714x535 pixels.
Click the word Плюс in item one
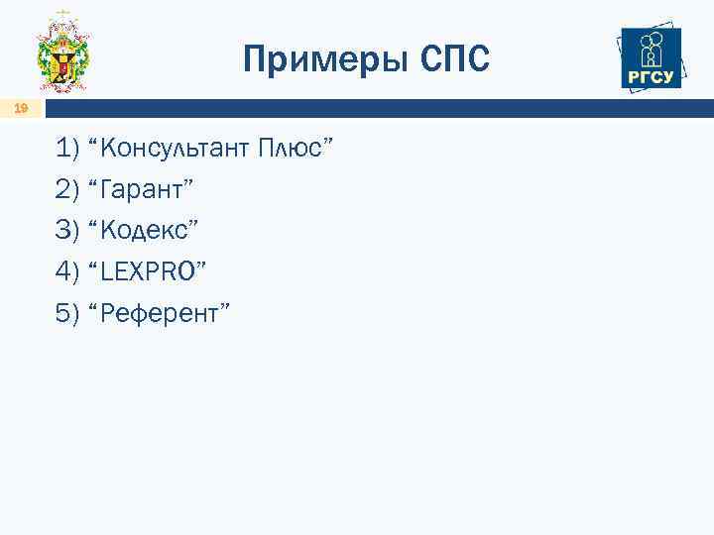296,149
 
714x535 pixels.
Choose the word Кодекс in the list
143,230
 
